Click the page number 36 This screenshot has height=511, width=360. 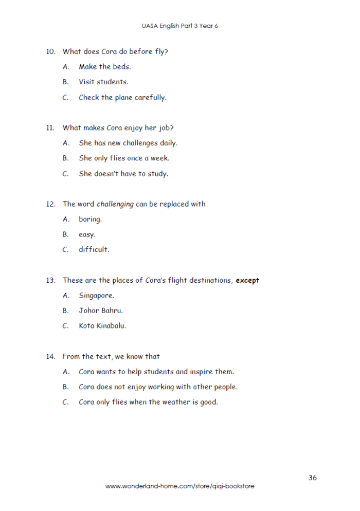click(x=313, y=478)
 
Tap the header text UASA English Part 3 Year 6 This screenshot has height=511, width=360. click(x=180, y=26)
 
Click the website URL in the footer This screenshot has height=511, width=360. click(x=179, y=486)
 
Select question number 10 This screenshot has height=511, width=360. click(x=50, y=51)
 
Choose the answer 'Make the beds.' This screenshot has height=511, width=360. click(x=104, y=67)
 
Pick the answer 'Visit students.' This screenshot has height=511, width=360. click(x=103, y=82)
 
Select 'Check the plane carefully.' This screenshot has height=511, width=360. click(x=122, y=97)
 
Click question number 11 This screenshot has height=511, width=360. click(x=50, y=128)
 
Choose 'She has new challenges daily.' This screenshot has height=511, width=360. click(x=128, y=143)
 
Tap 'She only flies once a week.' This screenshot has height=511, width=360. click(x=124, y=158)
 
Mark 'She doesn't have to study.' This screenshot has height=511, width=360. click(x=123, y=174)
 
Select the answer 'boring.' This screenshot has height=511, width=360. click(x=91, y=220)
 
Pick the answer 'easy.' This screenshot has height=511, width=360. click(x=87, y=235)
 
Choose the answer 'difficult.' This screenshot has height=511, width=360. click(x=94, y=250)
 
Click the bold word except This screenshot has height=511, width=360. click(x=247, y=281)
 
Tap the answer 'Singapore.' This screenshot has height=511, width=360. click(x=96, y=296)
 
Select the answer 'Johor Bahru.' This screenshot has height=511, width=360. click(x=101, y=311)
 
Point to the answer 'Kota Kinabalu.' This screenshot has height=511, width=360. click(x=102, y=326)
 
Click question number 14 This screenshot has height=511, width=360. click(x=50, y=357)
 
